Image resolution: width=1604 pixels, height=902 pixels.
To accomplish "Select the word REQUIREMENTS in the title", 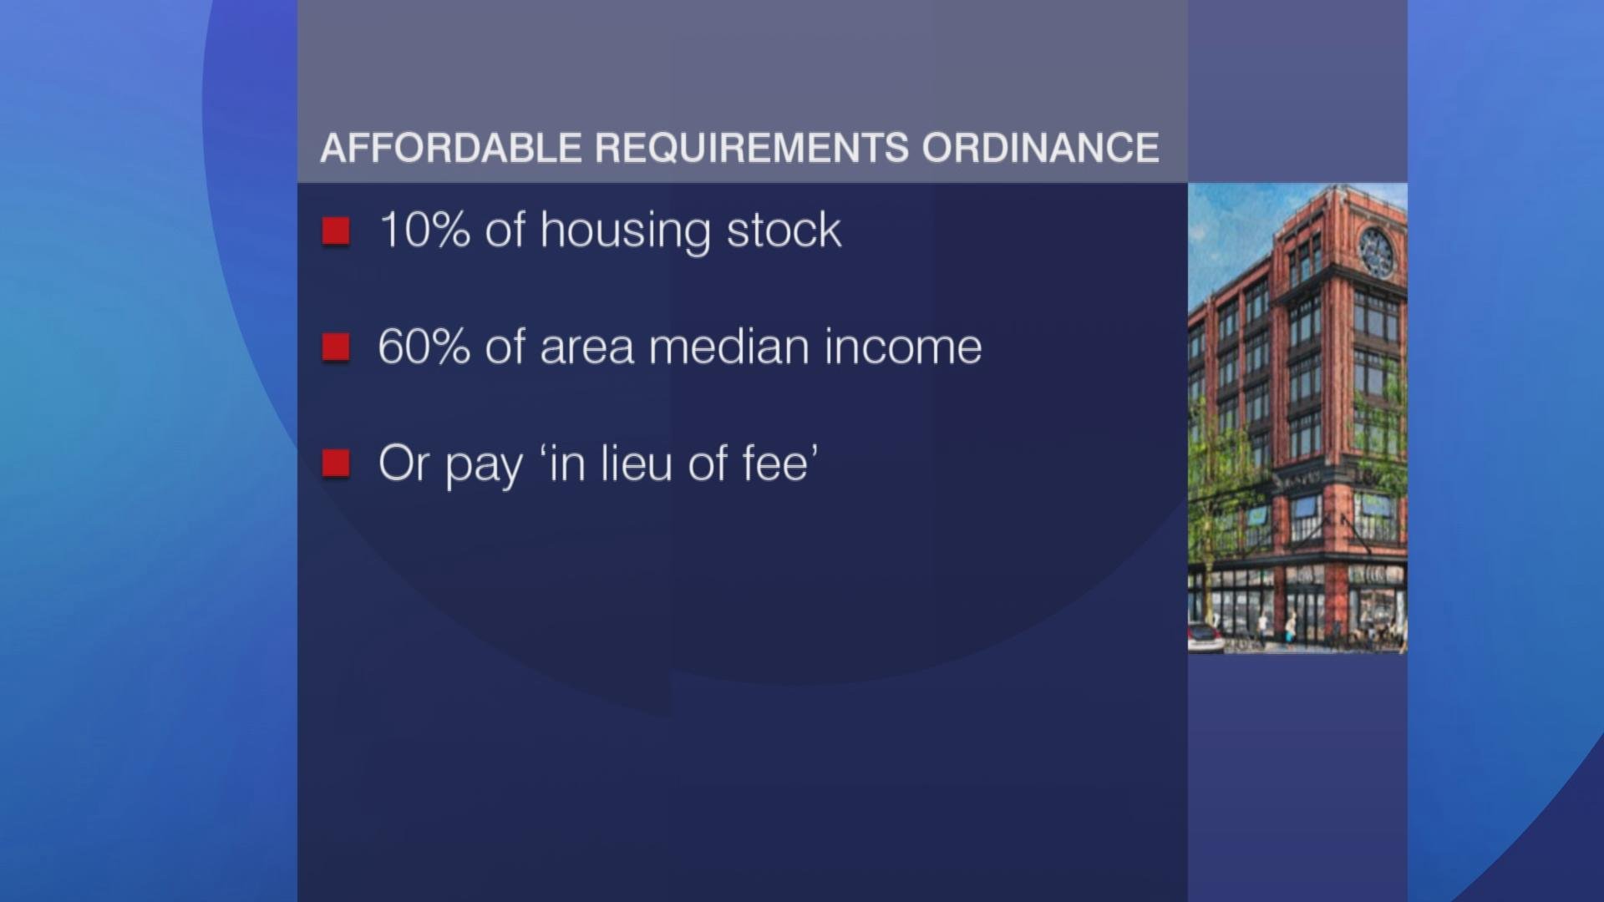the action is [752, 148].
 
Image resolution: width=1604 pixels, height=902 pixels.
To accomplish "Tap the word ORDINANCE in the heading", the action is [1041, 148].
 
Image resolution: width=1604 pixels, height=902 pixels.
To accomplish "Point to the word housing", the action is [626, 231].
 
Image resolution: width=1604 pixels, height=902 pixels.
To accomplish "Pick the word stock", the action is [784, 230].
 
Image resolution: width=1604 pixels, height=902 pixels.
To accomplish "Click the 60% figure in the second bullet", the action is [424, 347].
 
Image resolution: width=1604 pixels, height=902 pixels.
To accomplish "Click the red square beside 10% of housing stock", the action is [336, 231].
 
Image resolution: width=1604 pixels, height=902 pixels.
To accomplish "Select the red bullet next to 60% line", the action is [336, 347].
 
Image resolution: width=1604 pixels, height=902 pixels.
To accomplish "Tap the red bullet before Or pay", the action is [336, 464].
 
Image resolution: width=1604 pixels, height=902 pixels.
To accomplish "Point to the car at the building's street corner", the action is [1205, 639].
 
